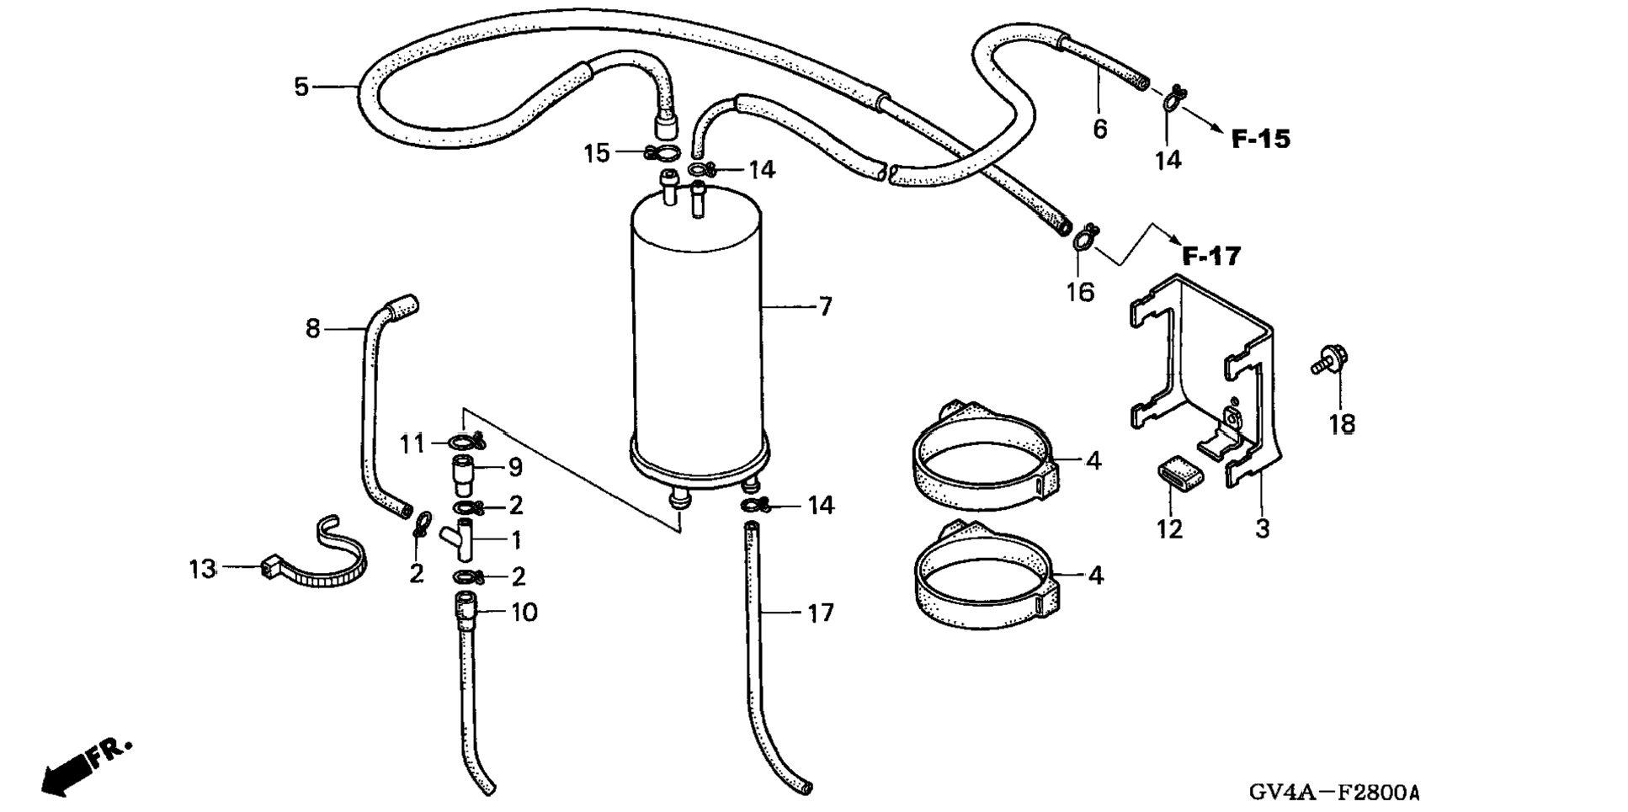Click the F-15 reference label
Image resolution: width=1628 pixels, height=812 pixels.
coord(1260,139)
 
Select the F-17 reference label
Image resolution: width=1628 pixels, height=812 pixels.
coord(1211,255)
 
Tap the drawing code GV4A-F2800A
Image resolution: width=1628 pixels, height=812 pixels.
coord(1333,792)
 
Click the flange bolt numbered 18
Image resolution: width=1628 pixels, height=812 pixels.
coord(1327,360)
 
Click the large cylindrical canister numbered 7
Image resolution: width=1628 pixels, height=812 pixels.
coord(697,337)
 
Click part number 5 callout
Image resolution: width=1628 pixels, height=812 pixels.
coord(301,87)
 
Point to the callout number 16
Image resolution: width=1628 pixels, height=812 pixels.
coord(1080,292)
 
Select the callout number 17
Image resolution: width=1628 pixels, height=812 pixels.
coord(820,613)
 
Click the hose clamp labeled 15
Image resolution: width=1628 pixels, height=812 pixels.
coord(663,153)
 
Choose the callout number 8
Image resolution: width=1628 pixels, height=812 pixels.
coord(312,328)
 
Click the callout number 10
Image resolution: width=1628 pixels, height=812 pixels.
coord(524,613)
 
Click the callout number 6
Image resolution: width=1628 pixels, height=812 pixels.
coord(1099,130)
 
